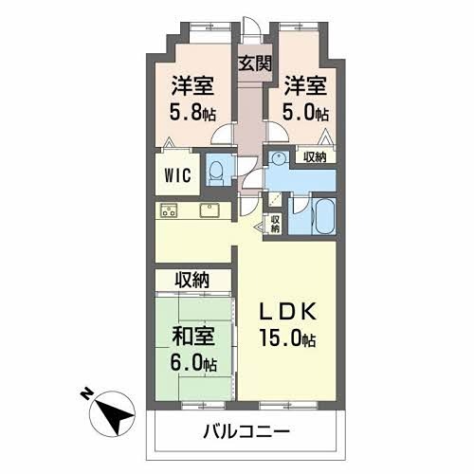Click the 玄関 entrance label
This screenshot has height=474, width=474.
point(253,64)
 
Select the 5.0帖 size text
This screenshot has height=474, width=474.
point(304,112)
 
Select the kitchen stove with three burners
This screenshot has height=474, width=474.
point(171,210)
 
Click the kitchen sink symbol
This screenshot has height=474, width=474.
point(210,210)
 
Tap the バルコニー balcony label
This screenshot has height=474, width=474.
point(246,432)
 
